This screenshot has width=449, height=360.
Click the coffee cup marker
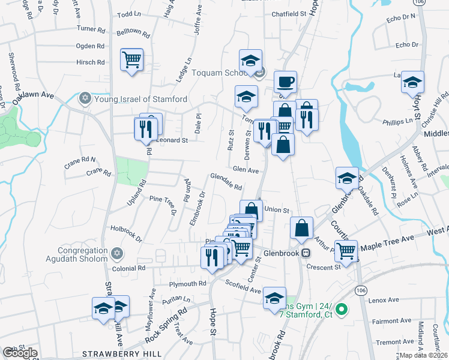coord(286,81)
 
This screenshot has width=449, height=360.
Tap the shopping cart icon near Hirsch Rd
coord(131,60)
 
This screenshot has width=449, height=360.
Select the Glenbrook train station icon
coord(306,253)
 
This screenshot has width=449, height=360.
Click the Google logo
coord(19,353)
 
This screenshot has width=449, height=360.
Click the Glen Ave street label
coord(246,170)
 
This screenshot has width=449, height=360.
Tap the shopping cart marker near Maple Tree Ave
coord(346,250)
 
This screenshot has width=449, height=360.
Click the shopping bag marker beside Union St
coord(251,210)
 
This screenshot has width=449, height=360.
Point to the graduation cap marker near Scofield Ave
coord(274,297)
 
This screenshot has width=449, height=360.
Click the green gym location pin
coord(342,310)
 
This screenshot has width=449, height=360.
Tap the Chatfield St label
coord(289,13)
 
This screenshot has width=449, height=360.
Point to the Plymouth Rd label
coord(188,284)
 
